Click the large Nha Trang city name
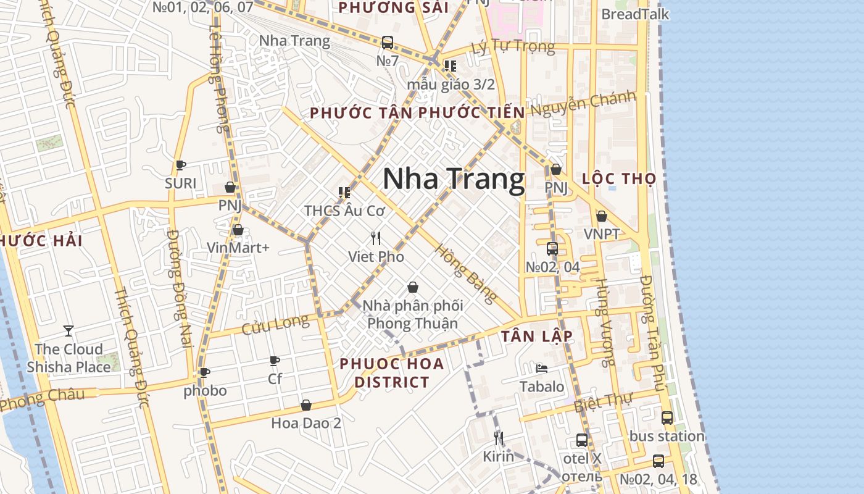click(x=454, y=179)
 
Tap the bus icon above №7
click(x=388, y=43)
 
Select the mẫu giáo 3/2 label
click(x=451, y=85)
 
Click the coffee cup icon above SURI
click(x=181, y=165)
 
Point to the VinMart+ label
click(x=238, y=248)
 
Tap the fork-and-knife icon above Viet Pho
click(x=376, y=238)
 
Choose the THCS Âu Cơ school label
click(x=344, y=211)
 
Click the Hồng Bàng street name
click(x=466, y=274)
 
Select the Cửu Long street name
click(x=275, y=324)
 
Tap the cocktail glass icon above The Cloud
click(x=69, y=331)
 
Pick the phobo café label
click(x=205, y=390)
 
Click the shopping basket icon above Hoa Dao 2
click(x=306, y=405)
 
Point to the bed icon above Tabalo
click(x=542, y=369)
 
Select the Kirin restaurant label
click(x=498, y=457)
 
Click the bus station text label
click(x=667, y=436)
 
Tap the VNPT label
click(x=602, y=234)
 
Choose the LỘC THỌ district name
click(x=619, y=179)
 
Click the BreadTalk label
click(x=635, y=14)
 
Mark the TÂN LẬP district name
click(x=537, y=336)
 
